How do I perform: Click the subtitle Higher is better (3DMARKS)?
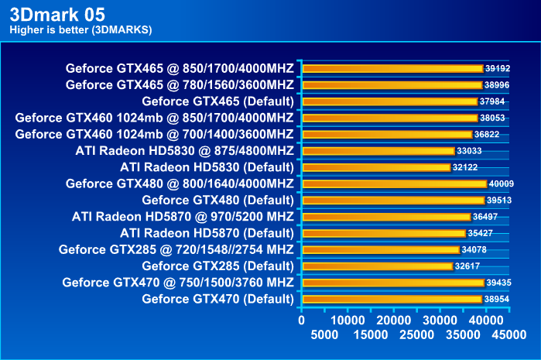[x=80, y=30]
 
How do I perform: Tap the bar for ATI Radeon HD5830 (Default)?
[x=376, y=167]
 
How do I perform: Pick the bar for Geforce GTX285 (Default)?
[x=377, y=266]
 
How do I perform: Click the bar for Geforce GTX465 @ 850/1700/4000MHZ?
[x=392, y=68]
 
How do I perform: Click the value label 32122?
[x=467, y=167]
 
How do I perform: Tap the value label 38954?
[x=497, y=299]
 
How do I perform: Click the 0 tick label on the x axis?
[x=302, y=319]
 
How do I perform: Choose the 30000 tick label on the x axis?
[x=441, y=319]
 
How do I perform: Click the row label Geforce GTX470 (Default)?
[x=217, y=299]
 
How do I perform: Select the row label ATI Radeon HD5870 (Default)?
[x=207, y=233]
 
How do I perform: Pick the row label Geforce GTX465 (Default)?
[x=217, y=101]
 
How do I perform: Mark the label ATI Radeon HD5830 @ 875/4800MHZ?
[x=185, y=151]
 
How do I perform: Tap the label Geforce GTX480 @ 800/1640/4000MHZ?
[x=180, y=183]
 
